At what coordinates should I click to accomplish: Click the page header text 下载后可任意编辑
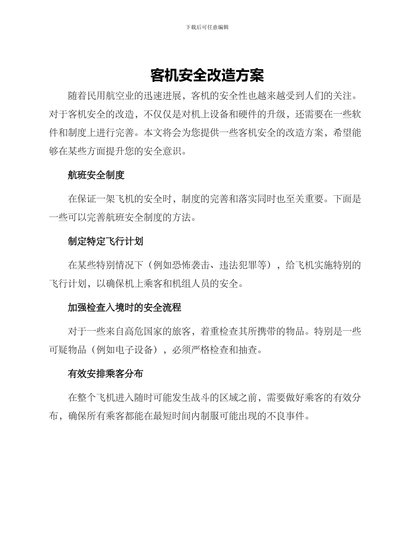(x=207, y=27)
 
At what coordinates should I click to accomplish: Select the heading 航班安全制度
(x=96, y=175)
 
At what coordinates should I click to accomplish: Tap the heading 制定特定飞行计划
(x=105, y=241)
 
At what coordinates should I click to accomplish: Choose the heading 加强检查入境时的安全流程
(x=124, y=308)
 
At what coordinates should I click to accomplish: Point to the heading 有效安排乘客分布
(x=105, y=374)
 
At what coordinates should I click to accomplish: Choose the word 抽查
(x=249, y=350)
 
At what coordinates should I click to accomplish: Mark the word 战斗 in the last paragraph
(x=221, y=398)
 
